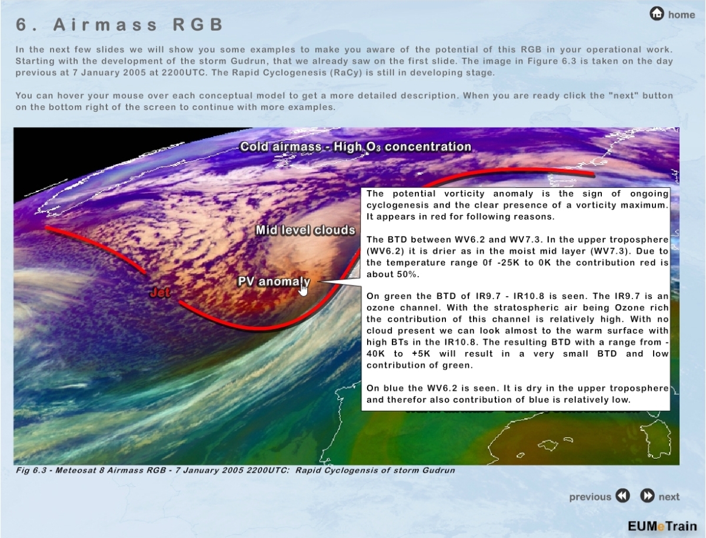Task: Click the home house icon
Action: coord(657,14)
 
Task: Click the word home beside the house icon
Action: coord(681,15)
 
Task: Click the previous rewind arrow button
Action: coord(622,496)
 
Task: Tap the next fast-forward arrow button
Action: coord(647,496)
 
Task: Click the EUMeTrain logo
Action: coord(662,526)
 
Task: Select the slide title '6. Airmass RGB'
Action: coord(119,25)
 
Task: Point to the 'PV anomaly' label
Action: coord(274,281)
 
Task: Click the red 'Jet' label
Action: coord(160,293)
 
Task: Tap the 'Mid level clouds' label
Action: coord(305,230)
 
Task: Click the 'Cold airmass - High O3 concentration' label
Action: coord(355,147)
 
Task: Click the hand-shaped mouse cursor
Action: coord(302,288)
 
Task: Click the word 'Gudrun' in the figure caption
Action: coord(438,470)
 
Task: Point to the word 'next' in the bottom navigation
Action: coord(669,497)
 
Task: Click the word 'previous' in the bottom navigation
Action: coord(590,497)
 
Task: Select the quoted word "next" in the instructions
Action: coord(622,95)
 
